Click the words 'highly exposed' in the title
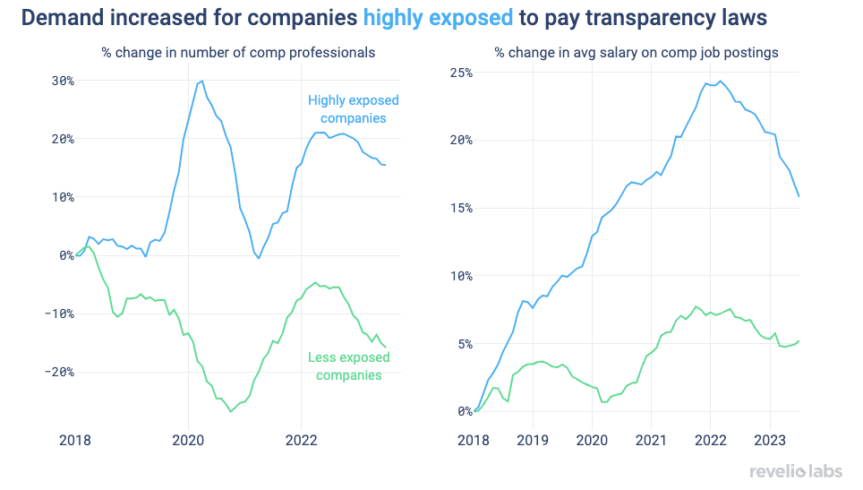[438, 17]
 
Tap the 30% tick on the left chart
[61, 81]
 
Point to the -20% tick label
[57, 372]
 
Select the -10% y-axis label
[57, 314]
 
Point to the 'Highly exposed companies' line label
[353, 109]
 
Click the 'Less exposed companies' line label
[348, 366]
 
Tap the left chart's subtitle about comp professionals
[237, 53]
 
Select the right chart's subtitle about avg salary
[636, 53]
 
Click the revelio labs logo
[795, 471]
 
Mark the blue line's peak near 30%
[201, 81]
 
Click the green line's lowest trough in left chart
[231, 411]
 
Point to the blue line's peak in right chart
[719, 81]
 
